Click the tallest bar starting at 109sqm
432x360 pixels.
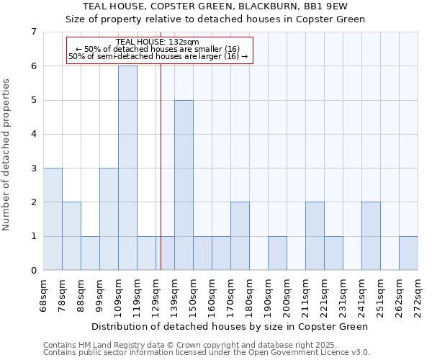coord(127,168)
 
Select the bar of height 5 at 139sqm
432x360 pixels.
coord(184,185)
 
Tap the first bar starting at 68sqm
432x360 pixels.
coord(53,219)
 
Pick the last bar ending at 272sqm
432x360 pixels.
coord(408,253)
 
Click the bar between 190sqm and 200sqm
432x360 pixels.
coord(277,253)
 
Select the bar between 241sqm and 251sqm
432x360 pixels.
coord(371,236)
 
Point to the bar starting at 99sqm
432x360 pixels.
coord(109,219)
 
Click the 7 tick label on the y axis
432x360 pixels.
coord(33,32)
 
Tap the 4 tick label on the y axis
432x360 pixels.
coord(33,134)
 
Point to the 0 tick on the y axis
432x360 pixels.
coord(33,270)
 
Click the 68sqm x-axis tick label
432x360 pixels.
coord(44,296)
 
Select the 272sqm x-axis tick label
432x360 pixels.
coord(418,296)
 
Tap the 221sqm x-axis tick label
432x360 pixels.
coord(325,296)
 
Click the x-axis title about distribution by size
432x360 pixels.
coord(230,326)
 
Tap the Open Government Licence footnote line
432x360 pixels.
coord(207,353)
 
